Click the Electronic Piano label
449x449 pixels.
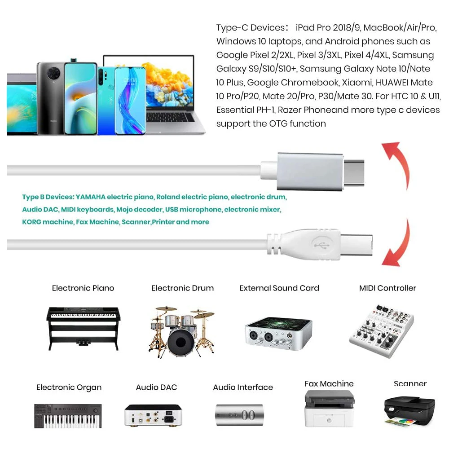point(83,288)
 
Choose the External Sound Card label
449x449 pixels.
point(279,288)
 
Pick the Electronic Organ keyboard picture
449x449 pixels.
point(68,415)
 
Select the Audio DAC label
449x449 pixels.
point(156,387)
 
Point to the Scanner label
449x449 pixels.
point(410,383)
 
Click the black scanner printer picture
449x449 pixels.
point(409,409)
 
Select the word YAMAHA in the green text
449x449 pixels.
point(91,197)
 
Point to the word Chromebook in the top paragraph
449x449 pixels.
point(313,83)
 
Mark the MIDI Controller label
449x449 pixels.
point(387,288)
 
